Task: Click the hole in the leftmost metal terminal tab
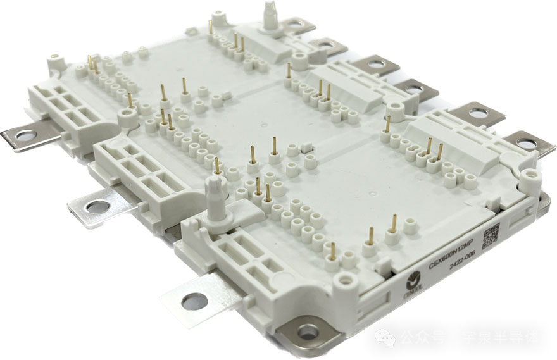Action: pyautogui.click(x=25, y=135)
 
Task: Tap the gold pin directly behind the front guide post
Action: pyautogui.click(x=216, y=166)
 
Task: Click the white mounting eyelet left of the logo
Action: pyautogui.click(x=346, y=279)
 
